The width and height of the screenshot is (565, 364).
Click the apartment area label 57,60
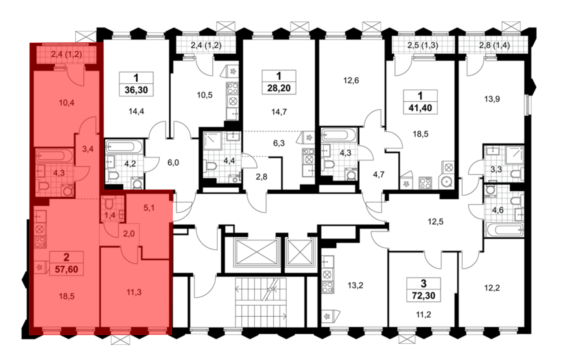point(66,269)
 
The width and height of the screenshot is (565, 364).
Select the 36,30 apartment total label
point(136,90)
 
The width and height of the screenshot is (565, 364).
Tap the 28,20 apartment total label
point(279,88)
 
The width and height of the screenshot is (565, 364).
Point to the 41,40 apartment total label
point(420,108)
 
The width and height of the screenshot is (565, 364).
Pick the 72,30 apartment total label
point(423,296)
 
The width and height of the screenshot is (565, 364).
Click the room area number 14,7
point(279,112)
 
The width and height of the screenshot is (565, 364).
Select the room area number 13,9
point(492,99)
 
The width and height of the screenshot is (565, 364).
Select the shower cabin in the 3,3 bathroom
point(514,155)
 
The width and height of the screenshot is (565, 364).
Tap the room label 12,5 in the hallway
point(436,222)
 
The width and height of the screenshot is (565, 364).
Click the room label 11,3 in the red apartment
point(134,292)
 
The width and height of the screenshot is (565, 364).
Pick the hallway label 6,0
point(173,162)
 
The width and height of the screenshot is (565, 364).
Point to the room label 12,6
point(351,81)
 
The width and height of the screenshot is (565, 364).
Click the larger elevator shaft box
point(257,252)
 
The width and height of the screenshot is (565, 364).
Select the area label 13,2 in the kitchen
point(355,285)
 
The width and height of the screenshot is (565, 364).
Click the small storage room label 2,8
point(262,177)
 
